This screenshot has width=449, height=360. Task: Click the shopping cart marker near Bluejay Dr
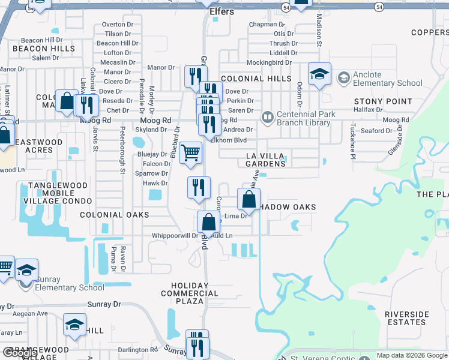pyautogui.click(x=190, y=152)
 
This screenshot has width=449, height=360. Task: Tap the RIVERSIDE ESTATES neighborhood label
pyautogui.click(x=406, y=318)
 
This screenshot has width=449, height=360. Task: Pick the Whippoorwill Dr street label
pyautogui.click(x=175, y=236)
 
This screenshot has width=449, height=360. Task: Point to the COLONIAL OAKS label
pyautogui.click(x=114, y=215)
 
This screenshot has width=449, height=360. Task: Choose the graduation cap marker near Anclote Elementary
pyautogui.click(x=320, y=74)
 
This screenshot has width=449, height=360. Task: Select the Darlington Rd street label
pyautogui.click(x=137, y=350)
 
